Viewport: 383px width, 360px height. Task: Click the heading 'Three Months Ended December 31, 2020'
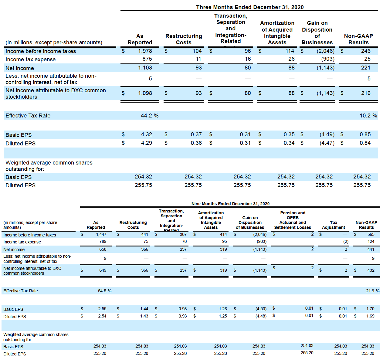[x=249, y=7]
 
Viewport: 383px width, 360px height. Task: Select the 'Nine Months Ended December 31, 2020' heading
[x=230, y=204]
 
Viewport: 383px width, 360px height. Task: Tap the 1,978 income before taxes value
[x=145, y=51]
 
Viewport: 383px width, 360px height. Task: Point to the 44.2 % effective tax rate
[x=149, y=116]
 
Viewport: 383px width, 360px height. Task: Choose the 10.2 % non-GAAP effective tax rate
[x=368, y=116]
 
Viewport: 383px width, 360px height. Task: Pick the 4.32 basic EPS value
[x=146, y=134]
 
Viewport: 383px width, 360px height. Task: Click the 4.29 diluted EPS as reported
[x=146, y=143]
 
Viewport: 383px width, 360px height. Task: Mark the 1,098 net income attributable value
[x=145, y=93]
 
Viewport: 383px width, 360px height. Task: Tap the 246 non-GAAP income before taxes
[x=365, y=51]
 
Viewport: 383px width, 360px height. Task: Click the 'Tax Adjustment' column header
[x=333, y=225]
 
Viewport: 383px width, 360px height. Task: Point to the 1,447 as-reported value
[x=101, y=234]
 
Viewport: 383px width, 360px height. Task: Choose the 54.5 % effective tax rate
[x=104, y=291]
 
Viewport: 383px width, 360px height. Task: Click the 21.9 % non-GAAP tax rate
[x=372, y=291]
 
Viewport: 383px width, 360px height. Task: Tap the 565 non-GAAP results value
[x=371, y=234]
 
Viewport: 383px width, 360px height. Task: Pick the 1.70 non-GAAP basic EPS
[x=370, y=309]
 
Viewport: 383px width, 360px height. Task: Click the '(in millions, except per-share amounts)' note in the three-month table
[x=54, y=42]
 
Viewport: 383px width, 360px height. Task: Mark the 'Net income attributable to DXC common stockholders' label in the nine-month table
[x=32, y=271]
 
